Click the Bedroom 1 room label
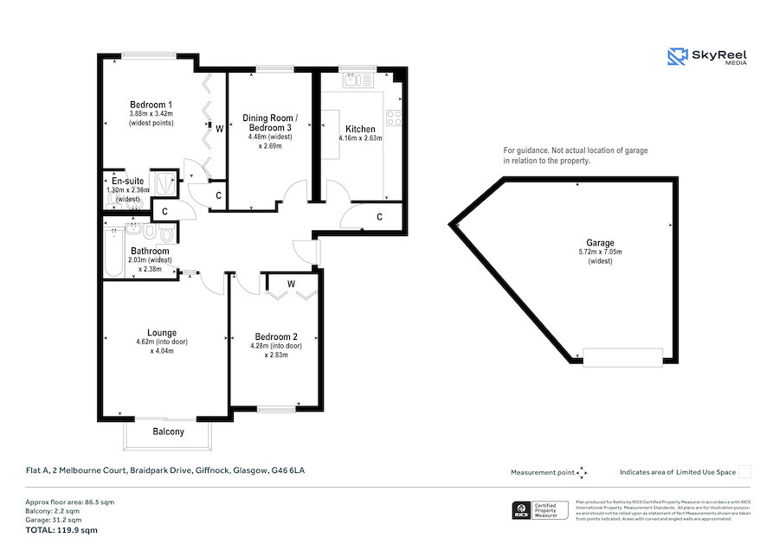point(151,105)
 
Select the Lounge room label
point(162,333)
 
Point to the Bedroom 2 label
point(276,336)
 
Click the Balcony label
point(168,432)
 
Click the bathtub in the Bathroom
point(113,253)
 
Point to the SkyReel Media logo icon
point(677,57)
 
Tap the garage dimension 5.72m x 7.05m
point(600,253)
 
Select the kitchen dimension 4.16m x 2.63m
point(360,137)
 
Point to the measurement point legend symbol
point(582,472)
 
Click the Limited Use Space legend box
point(744,471)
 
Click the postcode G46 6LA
point(288,471)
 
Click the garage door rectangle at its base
point(623,356)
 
